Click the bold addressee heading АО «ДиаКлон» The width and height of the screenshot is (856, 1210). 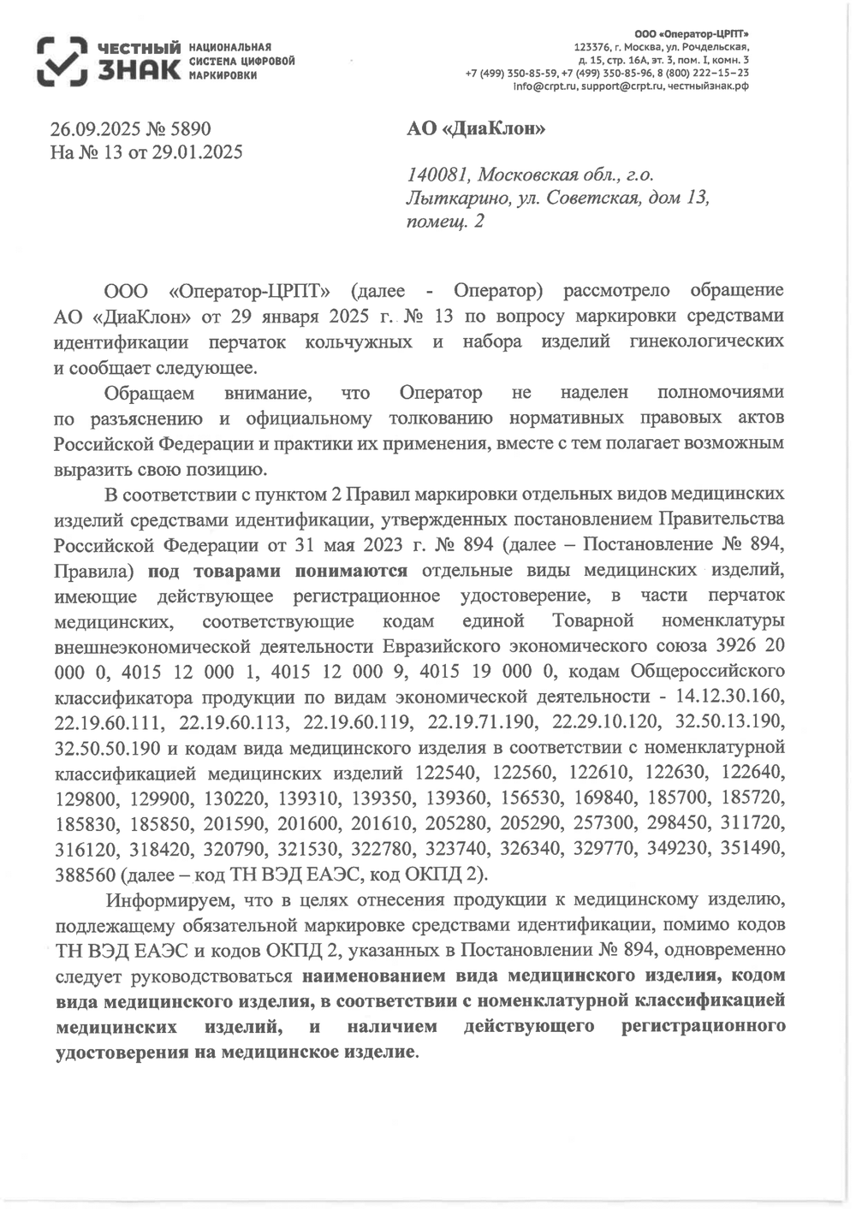pos(475,129)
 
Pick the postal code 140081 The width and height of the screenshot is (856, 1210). pos(437,175)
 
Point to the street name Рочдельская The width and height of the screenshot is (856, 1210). pos(713,46)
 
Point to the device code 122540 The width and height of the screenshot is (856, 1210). pos(446,774)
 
